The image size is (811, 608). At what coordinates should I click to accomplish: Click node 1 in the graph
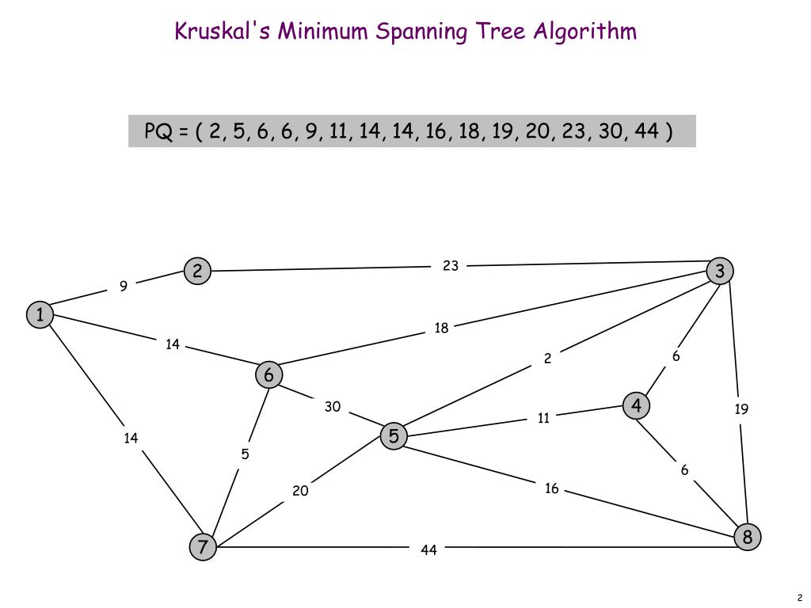tap(39, 314)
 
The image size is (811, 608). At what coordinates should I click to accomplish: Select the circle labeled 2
tap(197, 272)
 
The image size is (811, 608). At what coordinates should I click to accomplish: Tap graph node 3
tap(720, 272)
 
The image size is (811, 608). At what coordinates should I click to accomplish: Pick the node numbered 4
tap(636, 406)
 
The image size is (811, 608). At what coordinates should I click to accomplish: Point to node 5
tap(394, 435)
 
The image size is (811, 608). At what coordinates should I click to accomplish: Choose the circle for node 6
tap(269, 374)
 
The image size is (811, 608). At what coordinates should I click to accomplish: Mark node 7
tap(204, 546)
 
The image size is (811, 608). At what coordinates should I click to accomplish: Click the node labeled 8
tap(747, 538)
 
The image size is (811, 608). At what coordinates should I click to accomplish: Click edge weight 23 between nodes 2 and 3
tap(451, 266)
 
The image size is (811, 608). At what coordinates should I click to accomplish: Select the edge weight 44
tap(428, 549)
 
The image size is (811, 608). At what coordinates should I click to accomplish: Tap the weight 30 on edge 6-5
tap(333, 407)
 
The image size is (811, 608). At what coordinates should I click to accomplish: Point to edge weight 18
tap(441, 328)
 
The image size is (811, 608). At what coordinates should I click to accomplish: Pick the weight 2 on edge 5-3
tap(547, 359)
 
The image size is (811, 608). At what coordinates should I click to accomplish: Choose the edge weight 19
tap(741, 409)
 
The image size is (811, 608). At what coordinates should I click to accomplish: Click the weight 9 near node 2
tap(124, 287)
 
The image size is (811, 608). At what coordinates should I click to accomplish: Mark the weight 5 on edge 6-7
tap(246, 454)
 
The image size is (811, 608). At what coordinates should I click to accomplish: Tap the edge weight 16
tap(552, 488)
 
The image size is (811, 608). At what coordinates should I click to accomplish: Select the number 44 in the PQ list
tap(647, 131)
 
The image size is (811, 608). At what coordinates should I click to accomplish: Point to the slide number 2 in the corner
tap(800, 598)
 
